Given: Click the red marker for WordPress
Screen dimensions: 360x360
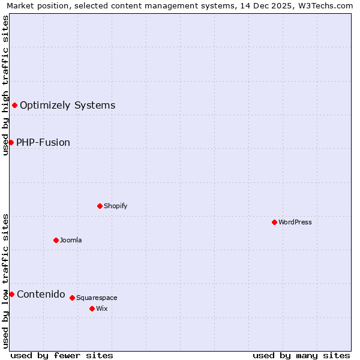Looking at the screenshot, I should [274, 222].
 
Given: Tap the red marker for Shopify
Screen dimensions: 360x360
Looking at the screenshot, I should [100, 206].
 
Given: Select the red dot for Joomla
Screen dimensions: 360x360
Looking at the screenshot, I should [56, 240].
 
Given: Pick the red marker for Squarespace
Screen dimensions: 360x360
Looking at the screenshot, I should [72, 298].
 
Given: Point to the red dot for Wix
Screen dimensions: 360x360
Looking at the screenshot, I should [92, 308].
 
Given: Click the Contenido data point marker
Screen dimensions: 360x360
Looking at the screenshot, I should [11, 294].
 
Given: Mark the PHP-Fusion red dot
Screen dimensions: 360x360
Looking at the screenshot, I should [11, 142].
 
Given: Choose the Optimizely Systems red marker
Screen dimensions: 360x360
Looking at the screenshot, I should [14, 106].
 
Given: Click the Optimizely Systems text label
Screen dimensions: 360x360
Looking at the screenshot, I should [67, 106].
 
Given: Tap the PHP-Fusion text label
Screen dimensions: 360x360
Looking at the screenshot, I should [43, 142].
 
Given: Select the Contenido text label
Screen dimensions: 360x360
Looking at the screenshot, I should [41, 294].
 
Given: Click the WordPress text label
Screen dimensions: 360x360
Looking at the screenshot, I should [295, 222].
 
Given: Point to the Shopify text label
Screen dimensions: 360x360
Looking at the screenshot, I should [115, 206].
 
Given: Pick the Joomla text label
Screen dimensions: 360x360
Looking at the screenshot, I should [71, 240].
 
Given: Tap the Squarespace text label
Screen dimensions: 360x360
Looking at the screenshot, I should [97, 298].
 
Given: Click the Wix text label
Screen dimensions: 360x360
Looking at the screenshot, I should [102, 308].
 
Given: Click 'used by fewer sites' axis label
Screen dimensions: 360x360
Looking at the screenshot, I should [62, 355].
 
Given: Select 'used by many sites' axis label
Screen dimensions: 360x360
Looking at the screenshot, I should [301, 355].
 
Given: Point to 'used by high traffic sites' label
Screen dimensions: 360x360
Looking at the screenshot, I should [5, 86].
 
